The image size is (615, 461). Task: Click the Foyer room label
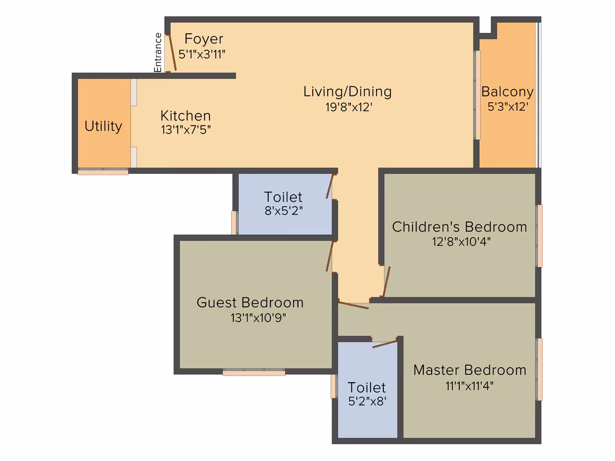click(204, 39)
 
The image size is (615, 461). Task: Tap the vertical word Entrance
click(157, 52)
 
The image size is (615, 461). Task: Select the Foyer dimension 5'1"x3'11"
click(202, 54)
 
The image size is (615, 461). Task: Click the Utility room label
click(103, 126)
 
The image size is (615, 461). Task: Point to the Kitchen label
click(186, 116)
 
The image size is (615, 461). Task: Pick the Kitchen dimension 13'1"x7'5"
click(186, 130)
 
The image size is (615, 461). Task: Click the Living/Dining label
click(347, 92)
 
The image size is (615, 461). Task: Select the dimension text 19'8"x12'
click(349, 107)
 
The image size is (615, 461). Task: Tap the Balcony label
click(507, 92)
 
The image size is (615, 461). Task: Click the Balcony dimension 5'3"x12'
click(508, 107)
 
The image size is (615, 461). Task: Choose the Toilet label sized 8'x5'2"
click(283, 197)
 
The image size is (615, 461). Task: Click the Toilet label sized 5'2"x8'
click(367, 387)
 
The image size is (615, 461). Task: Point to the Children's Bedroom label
click(460, 227)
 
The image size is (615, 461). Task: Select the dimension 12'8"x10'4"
click(461, 242)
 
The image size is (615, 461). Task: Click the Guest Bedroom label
click(250, 303)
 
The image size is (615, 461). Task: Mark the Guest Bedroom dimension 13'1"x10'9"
click(258, 317)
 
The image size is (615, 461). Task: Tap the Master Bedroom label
click(470, 370)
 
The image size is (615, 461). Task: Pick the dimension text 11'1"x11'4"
click(470, 386)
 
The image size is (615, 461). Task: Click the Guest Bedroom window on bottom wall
click(254, 372)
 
